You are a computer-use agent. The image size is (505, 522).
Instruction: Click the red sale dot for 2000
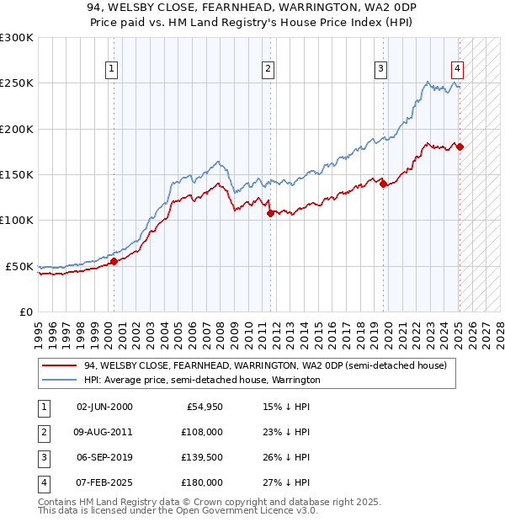tap(114, 262)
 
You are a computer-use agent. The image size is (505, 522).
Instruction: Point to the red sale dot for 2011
tap(270, 213)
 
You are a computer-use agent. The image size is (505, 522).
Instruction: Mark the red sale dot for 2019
tap(383, 184)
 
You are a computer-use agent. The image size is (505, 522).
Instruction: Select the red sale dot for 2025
tap(460, 147)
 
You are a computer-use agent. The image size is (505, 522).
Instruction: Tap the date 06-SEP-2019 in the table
tap(104, 458)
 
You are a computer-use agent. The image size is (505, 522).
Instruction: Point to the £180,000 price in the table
tap(202, 482)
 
